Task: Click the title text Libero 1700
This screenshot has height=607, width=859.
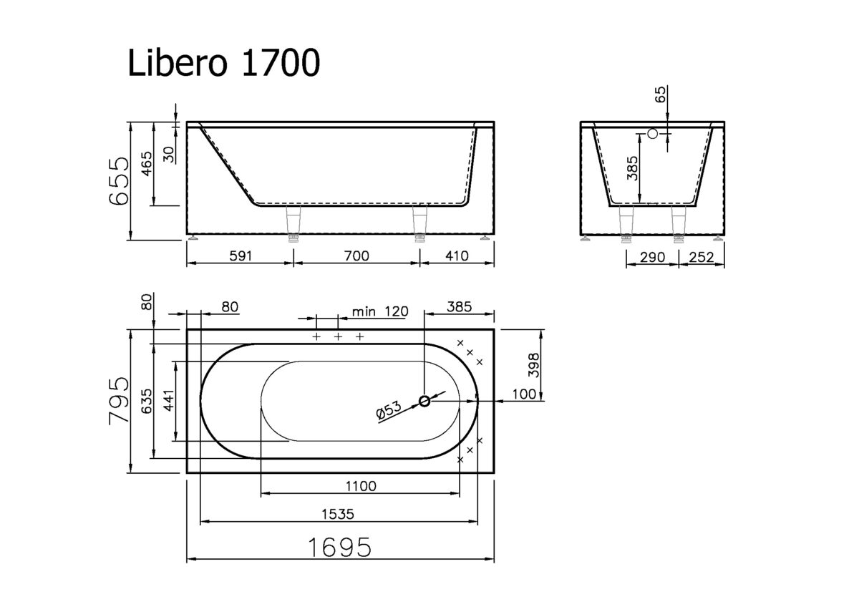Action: [223, 64]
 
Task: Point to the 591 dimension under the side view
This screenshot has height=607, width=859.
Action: [241, 256]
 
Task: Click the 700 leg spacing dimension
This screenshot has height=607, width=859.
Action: [356, 256]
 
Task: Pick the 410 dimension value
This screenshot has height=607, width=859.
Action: [456, 256]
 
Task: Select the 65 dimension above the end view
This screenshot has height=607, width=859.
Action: [660, 96]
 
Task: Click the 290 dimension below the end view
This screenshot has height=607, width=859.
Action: [652, 257]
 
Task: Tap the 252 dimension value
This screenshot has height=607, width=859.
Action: [701, 257]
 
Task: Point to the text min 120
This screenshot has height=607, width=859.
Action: [380, 311]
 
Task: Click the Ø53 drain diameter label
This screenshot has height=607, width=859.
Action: [387, 411]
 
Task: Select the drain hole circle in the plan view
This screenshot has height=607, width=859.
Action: [424, 402]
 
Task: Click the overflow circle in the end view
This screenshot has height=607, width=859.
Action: [652, 133]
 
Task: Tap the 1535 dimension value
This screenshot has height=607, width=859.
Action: [339, 514]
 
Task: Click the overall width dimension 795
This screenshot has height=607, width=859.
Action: [118, 401]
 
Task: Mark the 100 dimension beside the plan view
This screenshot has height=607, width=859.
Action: [525, 394]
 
